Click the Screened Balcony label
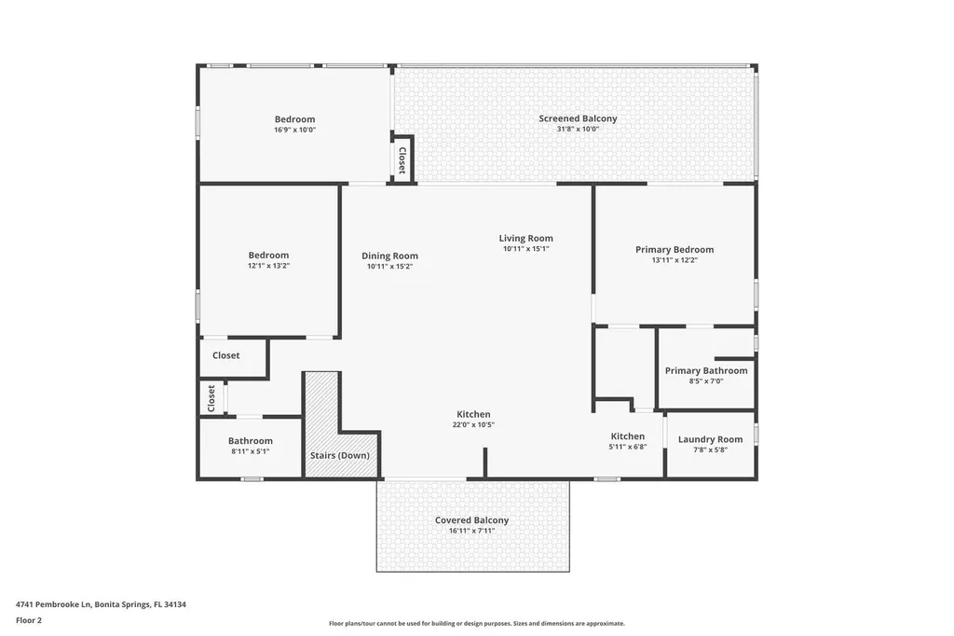[x=578, y=118]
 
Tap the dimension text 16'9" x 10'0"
[x=294, y=131]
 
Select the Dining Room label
[x=389, y=256]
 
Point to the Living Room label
[x=525, y=238]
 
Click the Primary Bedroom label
[x=675, y=249]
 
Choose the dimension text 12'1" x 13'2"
[x=268, y=266]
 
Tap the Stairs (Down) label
[x=339, y=455]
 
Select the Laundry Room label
[x=710, y=439]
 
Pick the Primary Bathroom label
[x=705, y=370]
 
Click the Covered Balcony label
[x=471, y=520]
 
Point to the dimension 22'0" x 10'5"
[x=473, y=425]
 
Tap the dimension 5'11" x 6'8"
[x=627, y=447]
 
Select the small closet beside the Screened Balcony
[x=402, y=159]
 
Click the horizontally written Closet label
[x=225, y=355]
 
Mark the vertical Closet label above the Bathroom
[x=211, y=398]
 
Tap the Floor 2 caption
[x=29, y=619]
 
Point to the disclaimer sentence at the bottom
[x=476, y=623]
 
